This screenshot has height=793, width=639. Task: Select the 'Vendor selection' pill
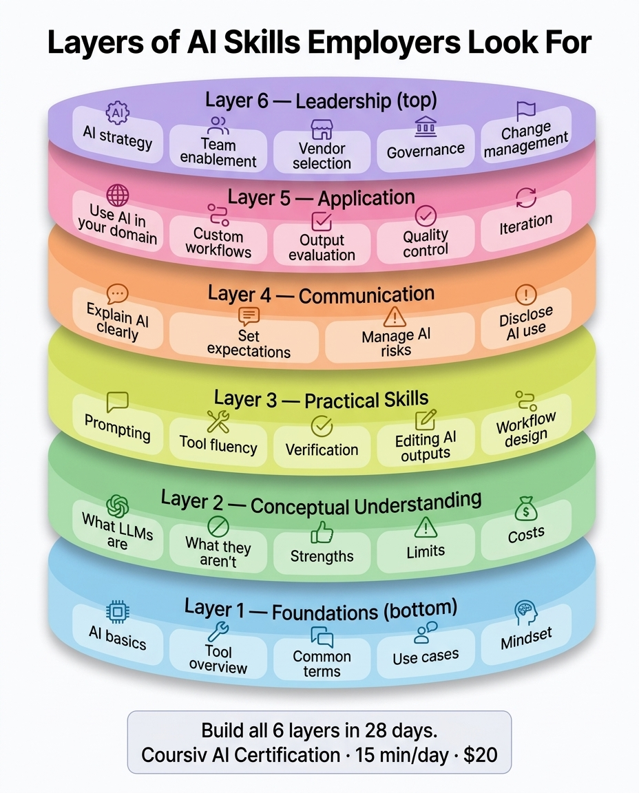coord(322,152)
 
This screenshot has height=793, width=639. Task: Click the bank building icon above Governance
coord(426,127)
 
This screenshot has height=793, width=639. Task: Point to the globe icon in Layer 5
coord(117,195)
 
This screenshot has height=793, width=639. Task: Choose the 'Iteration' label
coord(525,224)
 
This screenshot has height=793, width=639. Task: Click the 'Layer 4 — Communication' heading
coord(321,295)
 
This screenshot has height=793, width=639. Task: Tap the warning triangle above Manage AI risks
coord(395,317)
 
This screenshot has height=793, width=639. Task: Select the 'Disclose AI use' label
coord(525,323)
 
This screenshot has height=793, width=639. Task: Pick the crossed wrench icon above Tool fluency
coord(218,422)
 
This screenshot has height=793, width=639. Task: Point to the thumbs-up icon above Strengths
coord(322,533)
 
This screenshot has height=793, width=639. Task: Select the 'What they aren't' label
coord(218,552)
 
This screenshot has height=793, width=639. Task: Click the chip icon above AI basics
coord(117,612)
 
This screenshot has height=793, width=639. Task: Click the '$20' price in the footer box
coord(481,755)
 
